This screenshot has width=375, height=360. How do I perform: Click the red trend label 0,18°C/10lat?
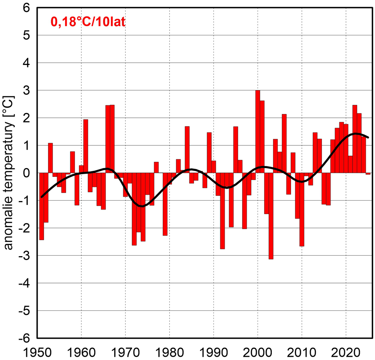(88, 22)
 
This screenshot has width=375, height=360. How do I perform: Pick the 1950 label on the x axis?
(37, 351)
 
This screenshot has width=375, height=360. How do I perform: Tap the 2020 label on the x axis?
(346, 351)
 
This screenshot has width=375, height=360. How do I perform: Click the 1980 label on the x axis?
(169, 351)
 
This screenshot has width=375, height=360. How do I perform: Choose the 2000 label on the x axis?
(258, 351)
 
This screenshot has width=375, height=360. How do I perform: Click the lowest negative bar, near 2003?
(271, 216)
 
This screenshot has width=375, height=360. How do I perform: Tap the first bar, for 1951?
(42, 206)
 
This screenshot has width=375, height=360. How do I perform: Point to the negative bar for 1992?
(222, 211)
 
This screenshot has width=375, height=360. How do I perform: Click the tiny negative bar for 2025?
(368, 174)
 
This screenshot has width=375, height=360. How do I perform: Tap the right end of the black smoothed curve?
(369, 137)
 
